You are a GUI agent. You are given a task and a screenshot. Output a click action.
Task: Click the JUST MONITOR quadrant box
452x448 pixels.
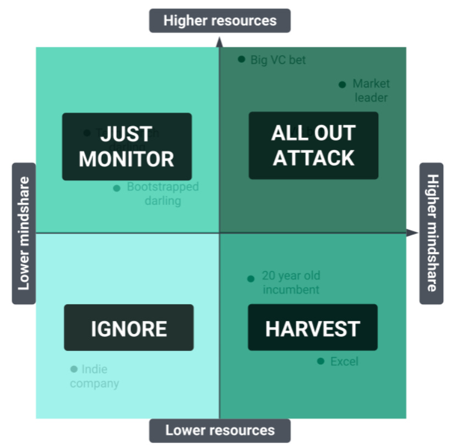coord(127,147)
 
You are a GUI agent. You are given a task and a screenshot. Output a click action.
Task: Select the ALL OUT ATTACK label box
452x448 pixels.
coord(313,145)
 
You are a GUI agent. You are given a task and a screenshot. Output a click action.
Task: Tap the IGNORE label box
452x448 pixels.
coord(129,328)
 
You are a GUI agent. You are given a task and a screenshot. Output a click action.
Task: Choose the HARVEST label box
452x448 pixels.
coord(313,328)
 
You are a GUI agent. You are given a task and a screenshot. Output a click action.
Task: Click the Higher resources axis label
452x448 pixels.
coord(220,21)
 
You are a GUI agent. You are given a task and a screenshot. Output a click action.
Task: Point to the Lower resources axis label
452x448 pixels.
coord(220,430)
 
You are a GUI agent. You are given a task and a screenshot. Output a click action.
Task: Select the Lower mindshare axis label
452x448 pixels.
coord(24,233)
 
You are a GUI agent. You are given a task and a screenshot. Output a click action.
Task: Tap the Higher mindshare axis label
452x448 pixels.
coord(432,233)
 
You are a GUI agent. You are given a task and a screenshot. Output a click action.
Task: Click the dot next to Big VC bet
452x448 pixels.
coord(241,59)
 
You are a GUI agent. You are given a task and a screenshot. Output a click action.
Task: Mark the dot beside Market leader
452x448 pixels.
coord(342,84)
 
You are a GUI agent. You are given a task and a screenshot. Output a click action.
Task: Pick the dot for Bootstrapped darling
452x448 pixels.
coord(117,188)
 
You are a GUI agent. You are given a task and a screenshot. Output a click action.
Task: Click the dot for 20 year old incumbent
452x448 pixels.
coord(251,279)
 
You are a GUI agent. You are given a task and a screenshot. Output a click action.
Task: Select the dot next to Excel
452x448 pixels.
coord(320,361)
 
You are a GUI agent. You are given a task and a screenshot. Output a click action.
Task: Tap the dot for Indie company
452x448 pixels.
coord(74,369)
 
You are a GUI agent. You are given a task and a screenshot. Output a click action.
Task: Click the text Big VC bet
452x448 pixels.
coord(278,60)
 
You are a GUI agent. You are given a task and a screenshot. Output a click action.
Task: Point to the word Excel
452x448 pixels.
coord(344,361)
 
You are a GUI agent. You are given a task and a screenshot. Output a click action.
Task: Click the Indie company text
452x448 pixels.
coord(94,376)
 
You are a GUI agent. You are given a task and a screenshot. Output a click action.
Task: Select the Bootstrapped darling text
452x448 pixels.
coord(162,193)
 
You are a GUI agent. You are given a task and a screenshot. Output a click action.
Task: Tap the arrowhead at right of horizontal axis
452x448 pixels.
coord(413,233)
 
